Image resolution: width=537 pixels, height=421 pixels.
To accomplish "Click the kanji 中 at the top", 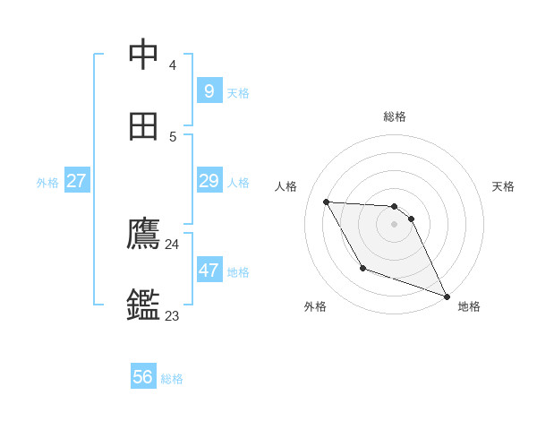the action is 144,55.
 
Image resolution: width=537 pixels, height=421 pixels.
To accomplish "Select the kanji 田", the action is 144,126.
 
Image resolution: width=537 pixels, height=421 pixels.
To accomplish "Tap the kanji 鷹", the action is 144,234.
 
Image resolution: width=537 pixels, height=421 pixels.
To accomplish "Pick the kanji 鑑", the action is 144,305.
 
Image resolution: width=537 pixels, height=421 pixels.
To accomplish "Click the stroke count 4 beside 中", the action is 172,65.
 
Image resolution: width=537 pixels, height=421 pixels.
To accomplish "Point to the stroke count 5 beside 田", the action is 172,137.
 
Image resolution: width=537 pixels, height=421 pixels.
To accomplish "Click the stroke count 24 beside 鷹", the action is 172,245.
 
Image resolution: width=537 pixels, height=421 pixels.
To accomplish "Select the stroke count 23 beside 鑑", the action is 172,315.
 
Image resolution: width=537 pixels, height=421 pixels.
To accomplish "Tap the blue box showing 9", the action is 209,90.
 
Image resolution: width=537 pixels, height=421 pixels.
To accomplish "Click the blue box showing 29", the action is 209,181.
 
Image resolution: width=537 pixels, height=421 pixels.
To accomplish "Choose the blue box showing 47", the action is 209,270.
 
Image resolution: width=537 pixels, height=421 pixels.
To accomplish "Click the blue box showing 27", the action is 76,181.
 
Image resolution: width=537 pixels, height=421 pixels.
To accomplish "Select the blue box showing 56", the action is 142,377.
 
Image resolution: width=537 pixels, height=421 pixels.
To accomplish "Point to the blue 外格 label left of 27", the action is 47,183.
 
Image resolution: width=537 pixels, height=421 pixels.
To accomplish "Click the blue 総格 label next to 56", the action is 172,379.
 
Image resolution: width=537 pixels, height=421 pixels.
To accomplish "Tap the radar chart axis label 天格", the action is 503,186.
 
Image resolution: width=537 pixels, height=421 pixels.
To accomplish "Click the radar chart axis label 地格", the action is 469,306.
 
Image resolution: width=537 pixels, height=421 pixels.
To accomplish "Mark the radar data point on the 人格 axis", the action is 326,202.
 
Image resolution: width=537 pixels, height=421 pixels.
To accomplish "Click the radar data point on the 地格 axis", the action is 446,296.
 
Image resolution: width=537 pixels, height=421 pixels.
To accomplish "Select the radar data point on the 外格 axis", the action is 362,268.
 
